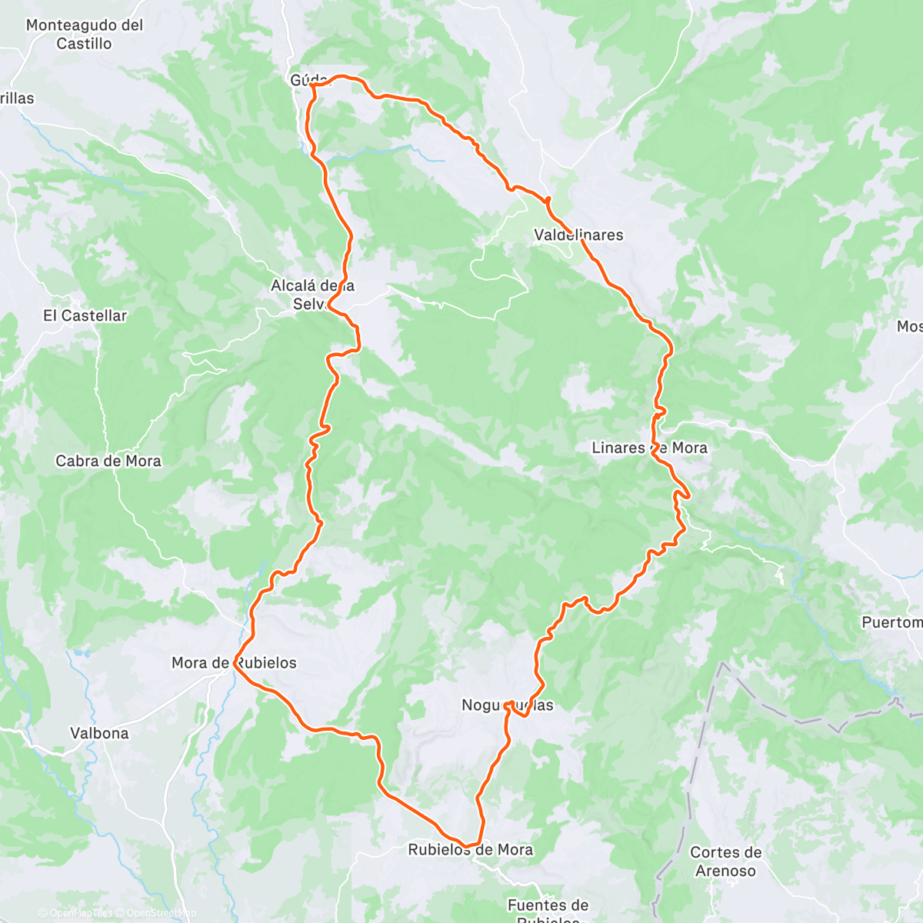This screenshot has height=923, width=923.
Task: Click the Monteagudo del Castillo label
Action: pyautogui.click(x=85, y=35)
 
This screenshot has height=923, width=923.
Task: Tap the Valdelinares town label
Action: pyautogui.click(x=578, y=235)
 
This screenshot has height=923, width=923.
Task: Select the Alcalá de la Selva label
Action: pyautogui.click(x=312, y=295)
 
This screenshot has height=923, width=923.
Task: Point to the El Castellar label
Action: pyautogui.click(x=85, y=315)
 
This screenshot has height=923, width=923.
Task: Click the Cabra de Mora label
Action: pyautogui.click(x=108, y=461)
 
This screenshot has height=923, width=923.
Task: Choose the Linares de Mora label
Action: pyautogui.click(x=649, y=448)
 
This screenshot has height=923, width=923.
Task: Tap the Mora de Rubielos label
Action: pyautogui.click(x=234, y=663)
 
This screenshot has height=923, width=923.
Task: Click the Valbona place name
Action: pyautogui.click(x=99, y=733)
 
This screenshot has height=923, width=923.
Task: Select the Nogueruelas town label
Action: pyautogui.click(x=507, y=705)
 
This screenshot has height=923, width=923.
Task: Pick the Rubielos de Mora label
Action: pyautogui.click(x=470, y=850)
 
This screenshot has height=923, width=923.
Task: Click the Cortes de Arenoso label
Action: pyautogui.click(x=725, y=861)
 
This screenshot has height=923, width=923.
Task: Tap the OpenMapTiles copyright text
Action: pyautogui.click(x=75, y=913)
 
